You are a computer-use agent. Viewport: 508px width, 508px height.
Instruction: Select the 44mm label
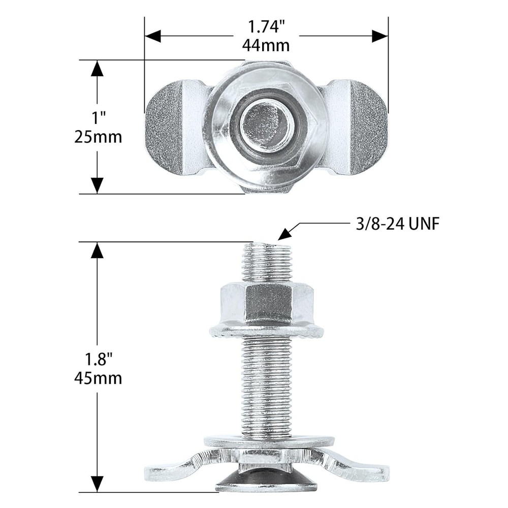click(x=266, y=45)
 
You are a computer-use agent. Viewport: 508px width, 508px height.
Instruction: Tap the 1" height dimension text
click(x=99, y=118)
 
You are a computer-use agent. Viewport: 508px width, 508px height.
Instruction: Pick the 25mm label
click(x=99, y=137)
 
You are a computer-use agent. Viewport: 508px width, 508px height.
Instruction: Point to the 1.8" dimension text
click(x=99, y=360)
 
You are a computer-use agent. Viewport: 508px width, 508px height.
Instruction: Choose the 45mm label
click(x=99, y=378)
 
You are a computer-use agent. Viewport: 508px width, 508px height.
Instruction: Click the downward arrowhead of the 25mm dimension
click(x=97, y=185)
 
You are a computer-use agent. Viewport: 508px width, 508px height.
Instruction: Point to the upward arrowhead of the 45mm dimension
click(x=97, y=250)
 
